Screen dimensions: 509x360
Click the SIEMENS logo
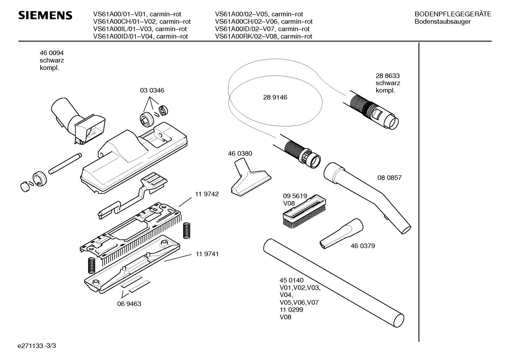(45, 15)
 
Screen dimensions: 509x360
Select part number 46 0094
(52, 53)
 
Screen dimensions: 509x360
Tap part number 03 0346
(152, 90)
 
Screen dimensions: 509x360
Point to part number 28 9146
(275, 98)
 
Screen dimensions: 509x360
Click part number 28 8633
(388, 76)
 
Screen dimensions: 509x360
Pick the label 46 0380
(240, 154)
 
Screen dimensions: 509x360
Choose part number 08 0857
(389, 178)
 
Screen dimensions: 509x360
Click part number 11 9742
(207, 194)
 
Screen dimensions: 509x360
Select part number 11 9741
(207, 254)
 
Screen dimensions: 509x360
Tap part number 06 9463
(129, 304)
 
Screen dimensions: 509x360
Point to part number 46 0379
(363, 246)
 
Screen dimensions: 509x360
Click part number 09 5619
(295, 196)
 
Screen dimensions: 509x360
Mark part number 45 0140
(292, 280)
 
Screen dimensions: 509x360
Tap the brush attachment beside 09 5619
(304, 212)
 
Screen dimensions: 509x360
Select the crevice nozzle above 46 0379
(341, 234)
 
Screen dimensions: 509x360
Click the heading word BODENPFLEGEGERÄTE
(453, 14)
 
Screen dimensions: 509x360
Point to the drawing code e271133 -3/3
(37, 346)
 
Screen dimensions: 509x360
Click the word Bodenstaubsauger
(442, 22)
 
